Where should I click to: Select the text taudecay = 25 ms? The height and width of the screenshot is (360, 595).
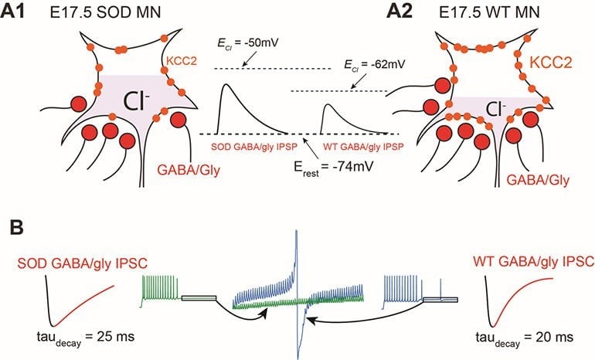[x=63, y=338]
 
